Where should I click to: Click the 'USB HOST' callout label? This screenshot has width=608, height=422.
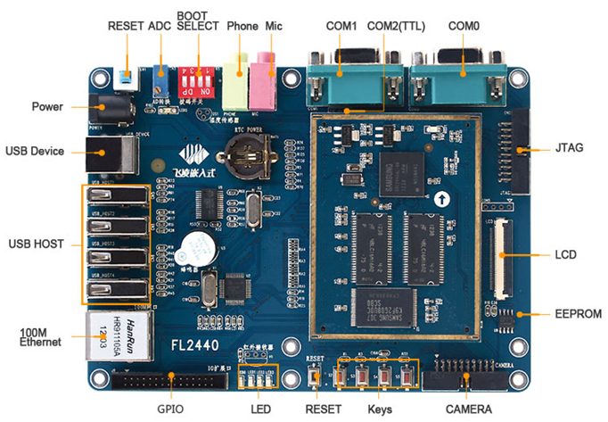37,244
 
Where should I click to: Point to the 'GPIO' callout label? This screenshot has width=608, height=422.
170,409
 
